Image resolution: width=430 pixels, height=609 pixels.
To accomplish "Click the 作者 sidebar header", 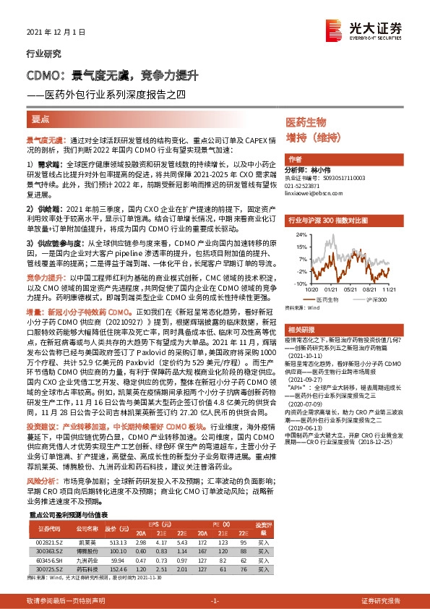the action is [294, 159].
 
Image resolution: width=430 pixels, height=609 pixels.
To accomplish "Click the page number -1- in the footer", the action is [214, 600].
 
